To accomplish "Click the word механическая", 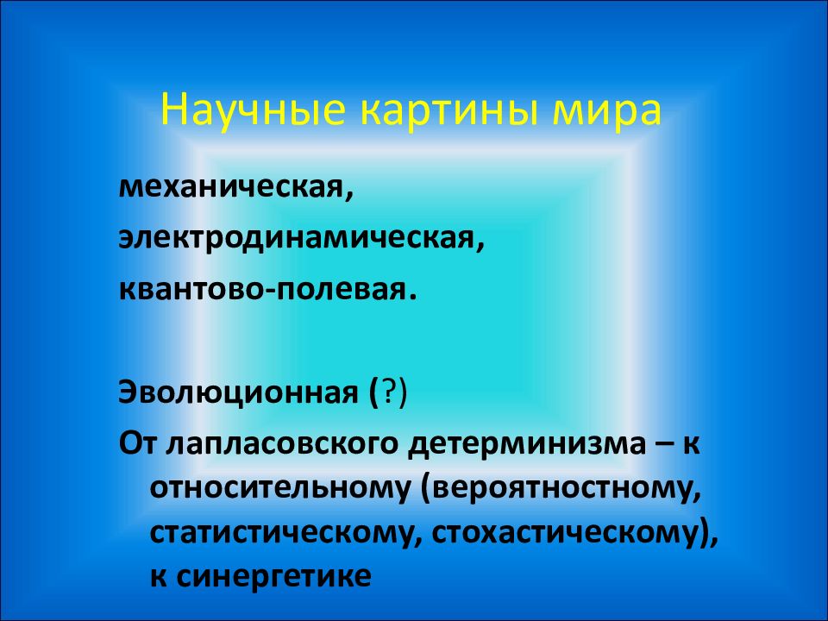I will [233, 186].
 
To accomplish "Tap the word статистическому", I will [280, 530].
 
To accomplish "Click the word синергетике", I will [273, 575].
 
